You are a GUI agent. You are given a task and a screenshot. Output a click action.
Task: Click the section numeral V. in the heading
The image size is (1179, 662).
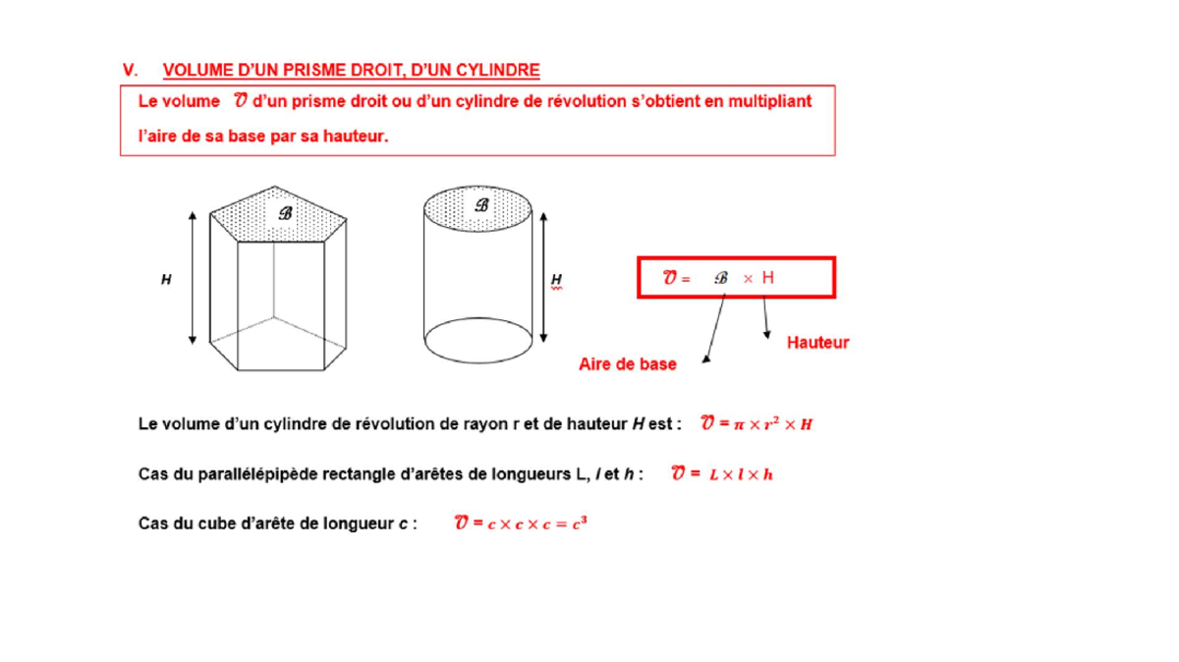[129, 70]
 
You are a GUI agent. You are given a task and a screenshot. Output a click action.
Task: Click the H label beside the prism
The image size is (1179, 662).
[166, 280]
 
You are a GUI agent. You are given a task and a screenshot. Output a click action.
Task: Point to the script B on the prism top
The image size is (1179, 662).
[285, 213]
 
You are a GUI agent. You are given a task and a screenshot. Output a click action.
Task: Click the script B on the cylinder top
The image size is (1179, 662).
[481, 205]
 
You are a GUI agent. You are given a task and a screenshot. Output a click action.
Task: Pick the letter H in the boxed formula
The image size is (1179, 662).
[767, 278]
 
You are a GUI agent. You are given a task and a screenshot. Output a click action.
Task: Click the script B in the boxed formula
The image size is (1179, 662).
[721, 278]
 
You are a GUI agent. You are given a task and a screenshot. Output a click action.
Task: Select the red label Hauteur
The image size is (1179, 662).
[817, 343]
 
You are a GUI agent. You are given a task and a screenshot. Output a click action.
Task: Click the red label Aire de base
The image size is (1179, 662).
[628, 364]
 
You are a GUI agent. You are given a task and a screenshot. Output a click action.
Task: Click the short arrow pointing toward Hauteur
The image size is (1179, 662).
[765, 317]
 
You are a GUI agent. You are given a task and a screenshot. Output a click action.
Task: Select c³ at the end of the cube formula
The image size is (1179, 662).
[580, 523]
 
